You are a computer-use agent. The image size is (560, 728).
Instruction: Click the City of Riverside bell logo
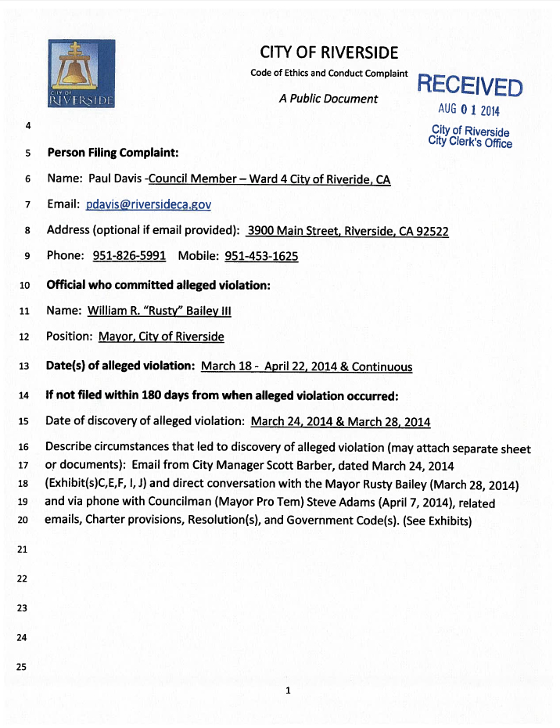81,74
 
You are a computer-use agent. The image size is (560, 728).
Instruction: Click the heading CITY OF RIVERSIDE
329,52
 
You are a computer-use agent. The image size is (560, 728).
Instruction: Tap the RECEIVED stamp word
469,84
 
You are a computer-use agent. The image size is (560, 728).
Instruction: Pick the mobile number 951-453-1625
261,256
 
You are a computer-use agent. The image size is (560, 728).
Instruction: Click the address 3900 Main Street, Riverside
347,231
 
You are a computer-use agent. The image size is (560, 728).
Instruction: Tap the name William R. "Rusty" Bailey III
160,311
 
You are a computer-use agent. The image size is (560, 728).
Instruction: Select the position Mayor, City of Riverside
161,337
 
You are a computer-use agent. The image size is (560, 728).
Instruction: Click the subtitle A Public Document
328,99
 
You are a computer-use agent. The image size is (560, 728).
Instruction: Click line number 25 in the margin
22,667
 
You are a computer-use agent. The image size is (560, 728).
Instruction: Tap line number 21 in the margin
22,550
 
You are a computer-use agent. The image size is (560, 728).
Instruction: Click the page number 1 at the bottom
289,690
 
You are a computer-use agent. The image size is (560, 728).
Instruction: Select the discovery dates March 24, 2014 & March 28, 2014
340,422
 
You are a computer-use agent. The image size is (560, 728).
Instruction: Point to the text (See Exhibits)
437,521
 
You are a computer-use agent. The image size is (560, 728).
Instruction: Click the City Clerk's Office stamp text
470,143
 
